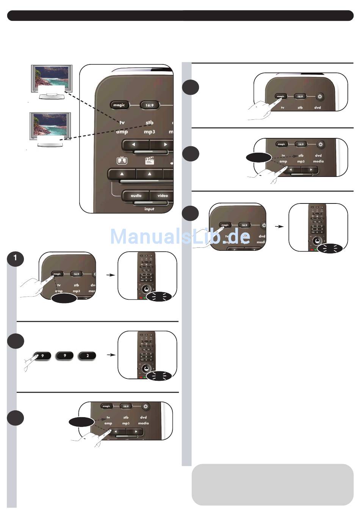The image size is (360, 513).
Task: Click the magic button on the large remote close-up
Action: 119,105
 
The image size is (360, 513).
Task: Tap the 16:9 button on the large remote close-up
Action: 150,105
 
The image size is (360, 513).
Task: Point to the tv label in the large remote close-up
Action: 122,122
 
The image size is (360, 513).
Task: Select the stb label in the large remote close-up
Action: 149,122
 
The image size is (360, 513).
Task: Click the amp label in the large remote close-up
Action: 122,131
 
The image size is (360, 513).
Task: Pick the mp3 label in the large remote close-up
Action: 149,131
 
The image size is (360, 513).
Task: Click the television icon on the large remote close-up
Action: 122,161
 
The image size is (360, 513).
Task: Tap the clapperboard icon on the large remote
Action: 150,161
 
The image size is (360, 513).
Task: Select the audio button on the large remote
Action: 136,196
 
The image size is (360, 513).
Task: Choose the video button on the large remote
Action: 163,196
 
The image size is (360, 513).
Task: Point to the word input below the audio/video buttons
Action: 149,209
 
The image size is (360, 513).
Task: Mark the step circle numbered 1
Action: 15,258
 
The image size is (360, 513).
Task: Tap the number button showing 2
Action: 88,356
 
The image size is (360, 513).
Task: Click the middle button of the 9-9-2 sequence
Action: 65,356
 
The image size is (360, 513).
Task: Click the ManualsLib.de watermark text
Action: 180,237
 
